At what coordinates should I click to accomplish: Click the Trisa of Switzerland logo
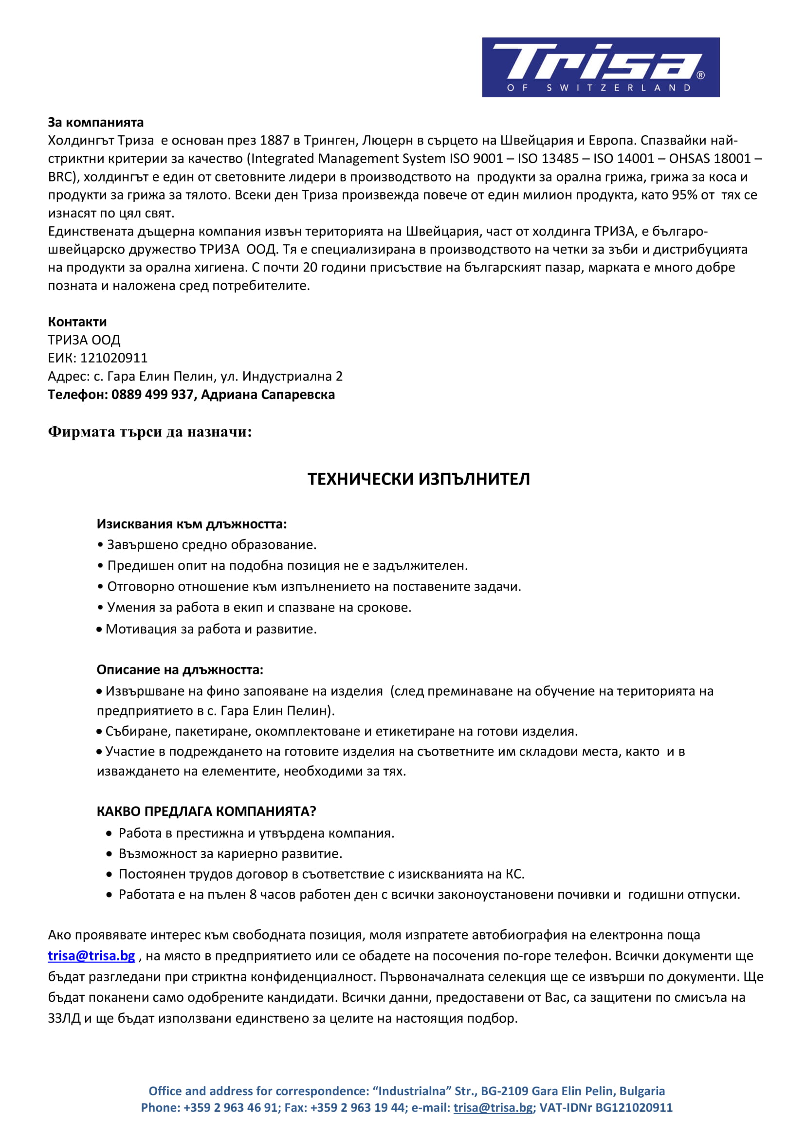click(x=600, y=67)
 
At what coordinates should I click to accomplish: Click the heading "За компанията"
click(x=96, y=123)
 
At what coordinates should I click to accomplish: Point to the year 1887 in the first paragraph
click(x=274, y=141)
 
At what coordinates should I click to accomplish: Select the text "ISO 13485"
click(x=548, y=159)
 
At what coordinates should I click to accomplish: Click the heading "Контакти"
click(x=77, y=322)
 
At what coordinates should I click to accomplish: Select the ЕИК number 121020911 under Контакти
click(x=114, y=359)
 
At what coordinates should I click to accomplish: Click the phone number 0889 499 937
click(x=152, y=395)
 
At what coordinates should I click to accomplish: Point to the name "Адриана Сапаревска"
click(x=268, y=395)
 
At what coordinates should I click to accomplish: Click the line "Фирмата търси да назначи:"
click(x=150, y=432)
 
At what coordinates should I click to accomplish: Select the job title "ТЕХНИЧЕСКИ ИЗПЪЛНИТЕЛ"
click(x=419, y=479)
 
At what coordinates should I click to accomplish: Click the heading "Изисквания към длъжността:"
click(x=191, y=524)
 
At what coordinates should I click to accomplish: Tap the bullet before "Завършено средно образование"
click(x=100, y=545)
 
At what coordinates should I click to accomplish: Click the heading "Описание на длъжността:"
click(x=180, y=670)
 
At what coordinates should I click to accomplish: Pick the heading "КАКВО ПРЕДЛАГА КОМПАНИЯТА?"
click(x=206, y=812)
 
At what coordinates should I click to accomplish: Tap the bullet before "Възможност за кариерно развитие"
click(x=109, y=854)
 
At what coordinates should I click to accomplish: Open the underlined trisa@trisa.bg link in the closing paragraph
click(x=91, y=956)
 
